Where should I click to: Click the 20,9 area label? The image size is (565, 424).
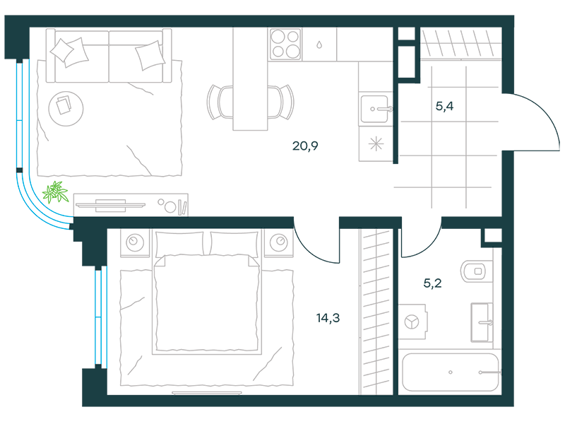click(305, 146)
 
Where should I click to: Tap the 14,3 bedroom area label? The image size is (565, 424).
click(328, 318)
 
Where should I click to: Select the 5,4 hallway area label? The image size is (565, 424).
click(444, 106)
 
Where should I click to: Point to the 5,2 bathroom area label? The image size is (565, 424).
click(432, 283)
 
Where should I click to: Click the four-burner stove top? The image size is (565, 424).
click(285, 44)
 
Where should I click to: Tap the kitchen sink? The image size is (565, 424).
click(376, 109)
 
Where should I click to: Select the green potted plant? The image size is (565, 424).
click(55, 192)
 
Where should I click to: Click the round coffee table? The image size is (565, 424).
click(66, 109)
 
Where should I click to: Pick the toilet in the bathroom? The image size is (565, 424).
click(475, 271)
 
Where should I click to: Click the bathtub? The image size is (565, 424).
click(451, 372)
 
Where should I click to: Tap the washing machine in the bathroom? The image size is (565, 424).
click(412, 322)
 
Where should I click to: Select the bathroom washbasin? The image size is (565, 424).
click(482, 322)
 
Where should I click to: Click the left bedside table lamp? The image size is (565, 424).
click(135, 242)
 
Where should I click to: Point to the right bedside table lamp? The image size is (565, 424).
click(278, 242)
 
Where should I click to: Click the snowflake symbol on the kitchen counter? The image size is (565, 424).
click(376, 145)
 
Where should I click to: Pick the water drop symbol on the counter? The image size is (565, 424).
click(319, 45)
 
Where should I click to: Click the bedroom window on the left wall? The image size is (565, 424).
click(101, 317)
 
